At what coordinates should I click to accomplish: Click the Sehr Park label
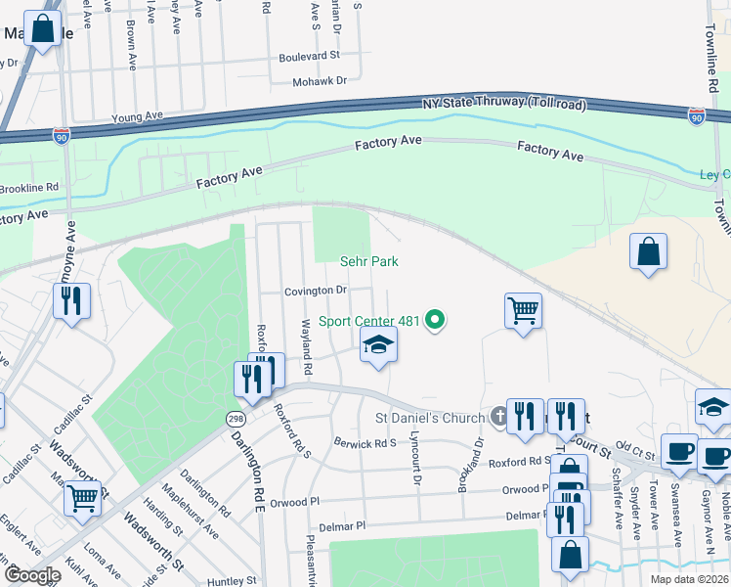[x=368, y=261]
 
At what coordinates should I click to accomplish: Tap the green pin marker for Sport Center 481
[x=438, y=320]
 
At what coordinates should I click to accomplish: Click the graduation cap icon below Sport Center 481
[x=378, y=345]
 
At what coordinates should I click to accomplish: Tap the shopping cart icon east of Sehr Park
[x=523, y=311]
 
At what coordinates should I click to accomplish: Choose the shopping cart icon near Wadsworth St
[x=82, y=498]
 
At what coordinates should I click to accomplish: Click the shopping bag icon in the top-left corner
[x=43, y=29]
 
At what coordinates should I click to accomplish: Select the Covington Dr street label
[x=316, y=291]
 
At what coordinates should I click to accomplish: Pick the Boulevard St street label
[x=309, y=57]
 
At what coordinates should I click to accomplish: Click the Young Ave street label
[x=136, y=117]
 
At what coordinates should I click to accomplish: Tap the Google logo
[x=31, y=575]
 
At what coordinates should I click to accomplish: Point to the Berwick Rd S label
[x=365, y=442]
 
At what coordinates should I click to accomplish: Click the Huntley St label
[x=232, y=580]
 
